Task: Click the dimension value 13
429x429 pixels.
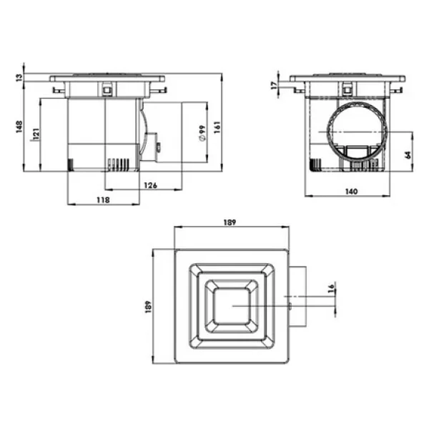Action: pos(19,78)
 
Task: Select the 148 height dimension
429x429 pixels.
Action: pos(19,127)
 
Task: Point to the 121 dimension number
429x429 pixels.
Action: pos(36,134)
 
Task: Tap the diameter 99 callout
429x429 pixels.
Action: pos(202,133)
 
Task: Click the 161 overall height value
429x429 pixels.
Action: pos(217,127)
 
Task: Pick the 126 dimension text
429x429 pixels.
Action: pos(150,185)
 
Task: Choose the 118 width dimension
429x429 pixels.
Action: pos(103,200)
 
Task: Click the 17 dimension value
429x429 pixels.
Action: pos(274,86)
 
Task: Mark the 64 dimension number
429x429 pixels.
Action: pos(408,155)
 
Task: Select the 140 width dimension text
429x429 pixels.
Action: pos(351,192)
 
